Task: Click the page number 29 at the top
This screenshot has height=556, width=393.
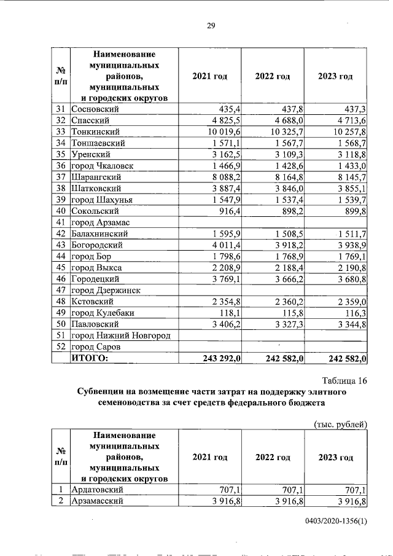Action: (210, 25)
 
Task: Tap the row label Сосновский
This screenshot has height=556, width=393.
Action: (95, 109)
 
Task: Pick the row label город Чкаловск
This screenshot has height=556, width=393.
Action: (103, 166)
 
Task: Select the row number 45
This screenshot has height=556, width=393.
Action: (60, 267)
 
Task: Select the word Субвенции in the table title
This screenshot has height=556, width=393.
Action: (105, 392)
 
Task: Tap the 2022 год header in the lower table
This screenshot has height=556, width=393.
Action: (273, 458)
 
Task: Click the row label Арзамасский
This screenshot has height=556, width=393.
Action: (99, 501)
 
